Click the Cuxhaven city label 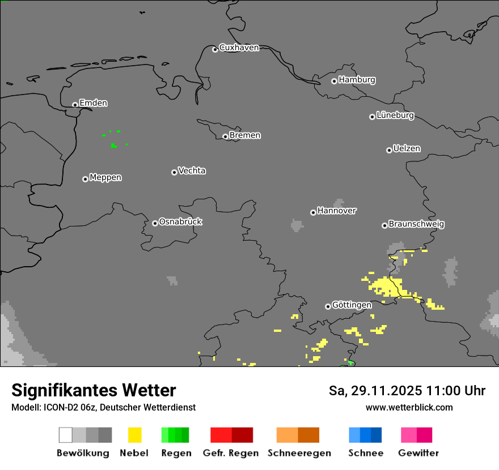[x=239, y=48]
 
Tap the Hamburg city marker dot [x=334, y=81]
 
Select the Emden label [x=93, y=103]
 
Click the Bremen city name [x=245, y=135]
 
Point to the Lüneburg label [x=395, y=115]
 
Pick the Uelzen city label [x=407, y=148]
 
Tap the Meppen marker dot [x=85, y=179]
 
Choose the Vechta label [x=192, y=170]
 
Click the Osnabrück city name [x=180, y=221]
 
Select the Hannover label [x=337, y=211]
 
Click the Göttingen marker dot [x=328, y=306]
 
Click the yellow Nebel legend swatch [x=134, y=435]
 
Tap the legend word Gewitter [x=418, y=453]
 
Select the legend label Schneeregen [x=299, y=453]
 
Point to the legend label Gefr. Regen [x=231, y=453]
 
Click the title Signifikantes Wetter [x=94, y=390]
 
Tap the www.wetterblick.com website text [x=409, y=407]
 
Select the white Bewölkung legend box [x=65, y=435]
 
